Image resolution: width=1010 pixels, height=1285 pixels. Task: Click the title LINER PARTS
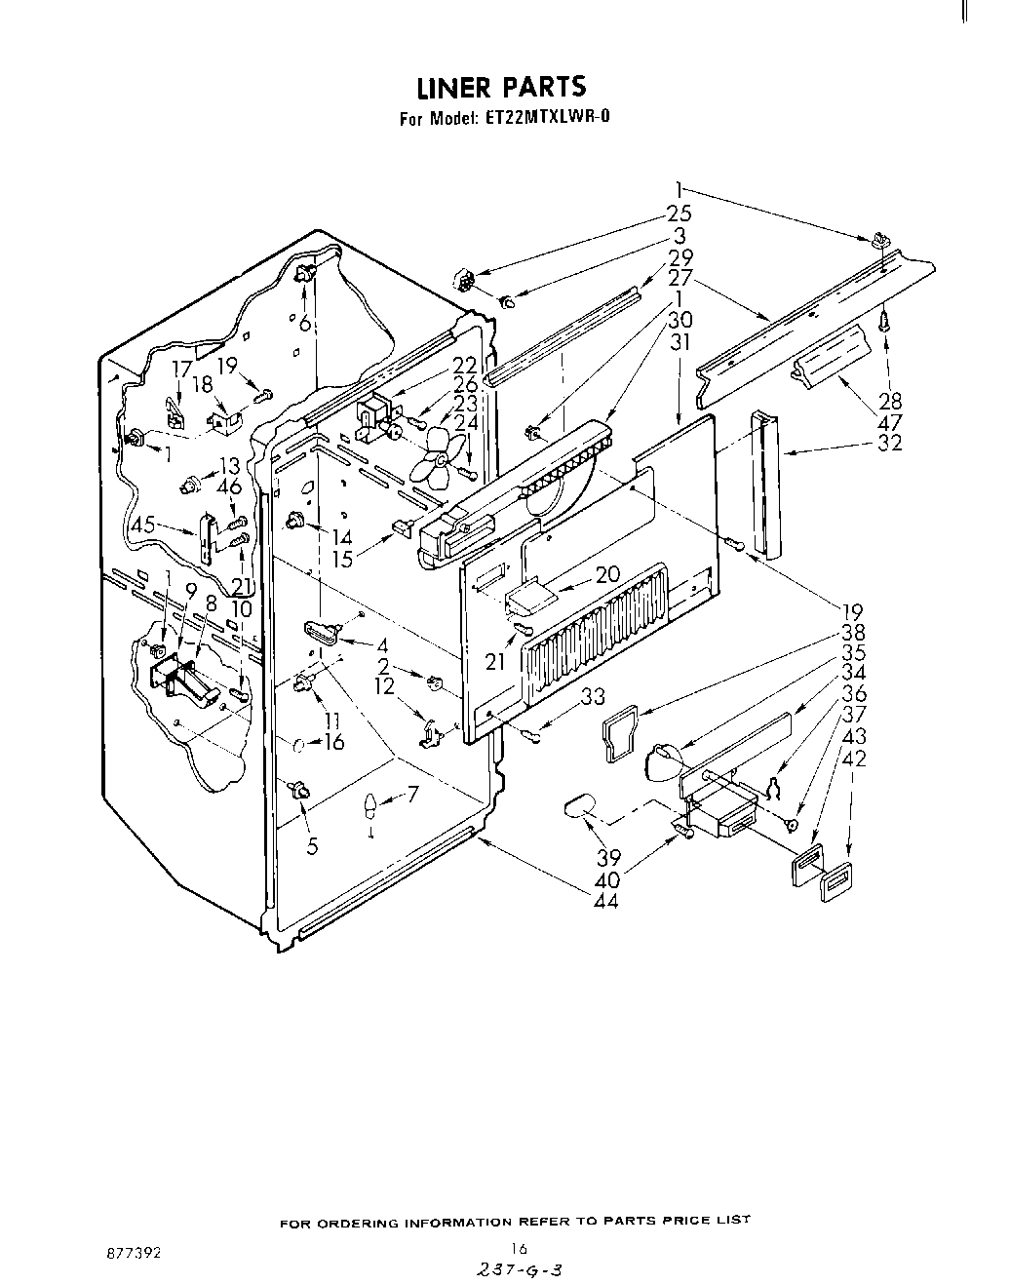pyautogui.click(x=501, y=87)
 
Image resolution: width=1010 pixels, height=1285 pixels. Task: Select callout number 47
pyautogui.click(x=889, y=421)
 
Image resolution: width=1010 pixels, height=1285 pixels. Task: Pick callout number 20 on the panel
pyautogui.click(x=606, y=574)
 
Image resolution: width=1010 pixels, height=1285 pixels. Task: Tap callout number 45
pyautogui.click(x=142, y=524)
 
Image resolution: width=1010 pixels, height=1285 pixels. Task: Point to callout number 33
pyautogui.click(x=593, y=696)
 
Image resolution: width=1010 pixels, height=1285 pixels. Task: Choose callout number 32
pyautogui.click(x=889, y=442)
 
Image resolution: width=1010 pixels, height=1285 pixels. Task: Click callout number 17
pyautogui.click(x=181, y=369)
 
